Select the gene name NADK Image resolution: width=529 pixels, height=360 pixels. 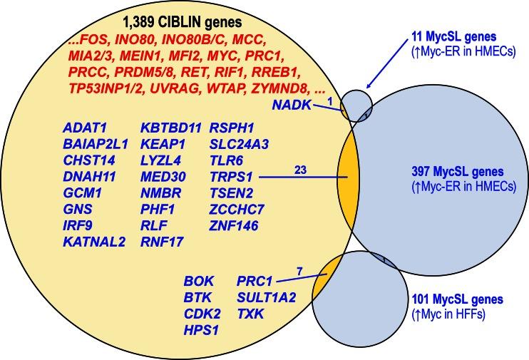(x=290, y=106)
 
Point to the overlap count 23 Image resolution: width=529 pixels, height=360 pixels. (x=299, y=169)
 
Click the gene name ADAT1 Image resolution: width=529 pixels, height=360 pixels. (x=86, y=128)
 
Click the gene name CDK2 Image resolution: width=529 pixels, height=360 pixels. (x=200, y=314)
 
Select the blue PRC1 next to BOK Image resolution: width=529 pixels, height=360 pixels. (x=255, y=281)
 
